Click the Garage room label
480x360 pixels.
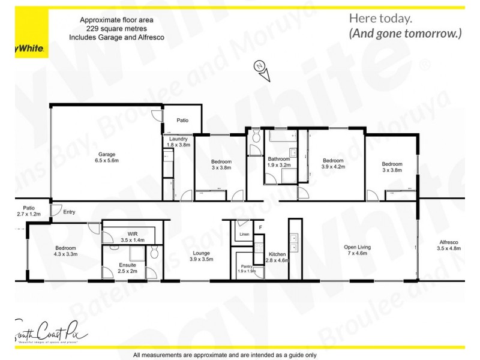click(107, 154)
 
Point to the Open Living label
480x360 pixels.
click(357, 247)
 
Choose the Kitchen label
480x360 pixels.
click(277, 254)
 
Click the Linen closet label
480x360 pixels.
click(244, 234)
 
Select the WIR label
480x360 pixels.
click(133, 233)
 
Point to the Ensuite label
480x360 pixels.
click(128, 265)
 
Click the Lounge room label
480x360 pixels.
click(201, 253)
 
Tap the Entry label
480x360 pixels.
click(70, 211)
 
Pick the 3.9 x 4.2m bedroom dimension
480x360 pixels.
click(333, 167)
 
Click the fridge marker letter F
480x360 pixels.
click(260, 227)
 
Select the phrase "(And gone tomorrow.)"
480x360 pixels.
click(405, 34)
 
